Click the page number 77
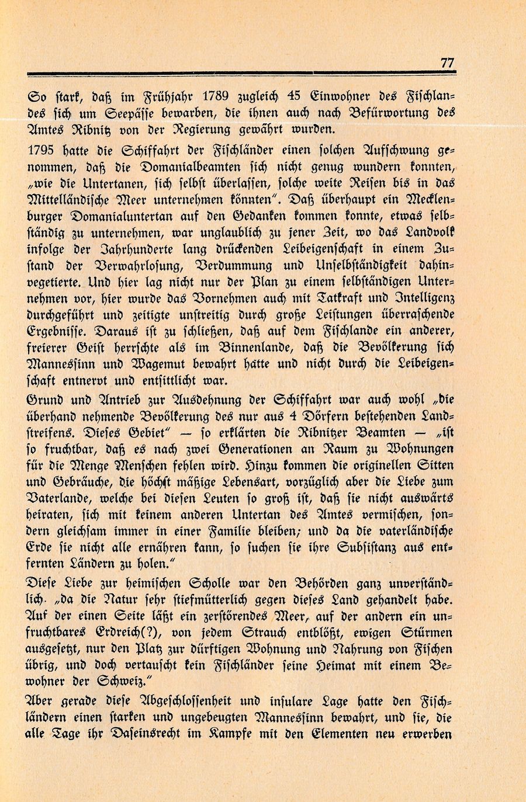click(x=447, y=63)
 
